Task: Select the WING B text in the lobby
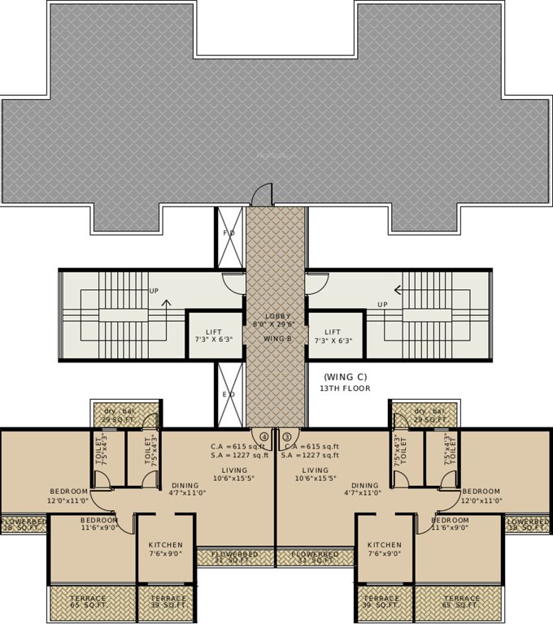pyautogui.click(x=276, y=338)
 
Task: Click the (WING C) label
pyautogui.click(x=346, y=377)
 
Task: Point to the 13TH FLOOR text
pyautogui.click(x=346, y=388)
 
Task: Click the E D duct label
pyautogui.click(x=229, y=395)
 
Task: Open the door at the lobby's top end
pyautogui.click(x=262, y=196)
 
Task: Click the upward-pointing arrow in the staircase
pyautogui.click(x=167, y=305)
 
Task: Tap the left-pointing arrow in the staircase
pyautogui.click(x=398, y=288)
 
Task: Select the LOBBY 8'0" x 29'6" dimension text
pyautogui.click(x=276, y=319)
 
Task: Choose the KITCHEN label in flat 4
pyautogui.click(x=165, y=549)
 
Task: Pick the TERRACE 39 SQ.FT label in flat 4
pyautogui.click(x=168, y=602)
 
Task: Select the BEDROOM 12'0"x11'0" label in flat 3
pyautogui.click(x=481, y=496)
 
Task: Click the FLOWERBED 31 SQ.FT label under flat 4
pyautogui.click(x=234, y=557)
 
